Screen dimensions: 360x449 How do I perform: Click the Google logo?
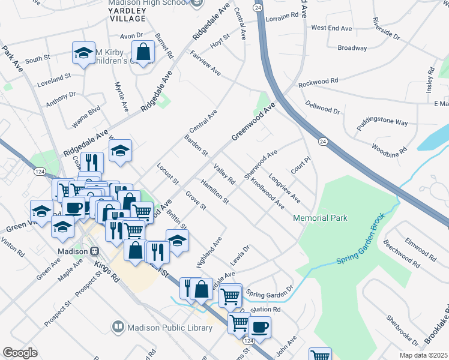click(x=20, y=352)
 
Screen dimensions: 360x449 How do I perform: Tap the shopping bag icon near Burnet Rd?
click(x=143, y=52)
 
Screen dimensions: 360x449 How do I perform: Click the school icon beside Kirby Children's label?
click(x=84, y=53)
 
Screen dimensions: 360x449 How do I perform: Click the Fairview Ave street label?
click(x=205, y=66)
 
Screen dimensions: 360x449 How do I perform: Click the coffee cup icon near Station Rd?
click(x=259, y=328)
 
